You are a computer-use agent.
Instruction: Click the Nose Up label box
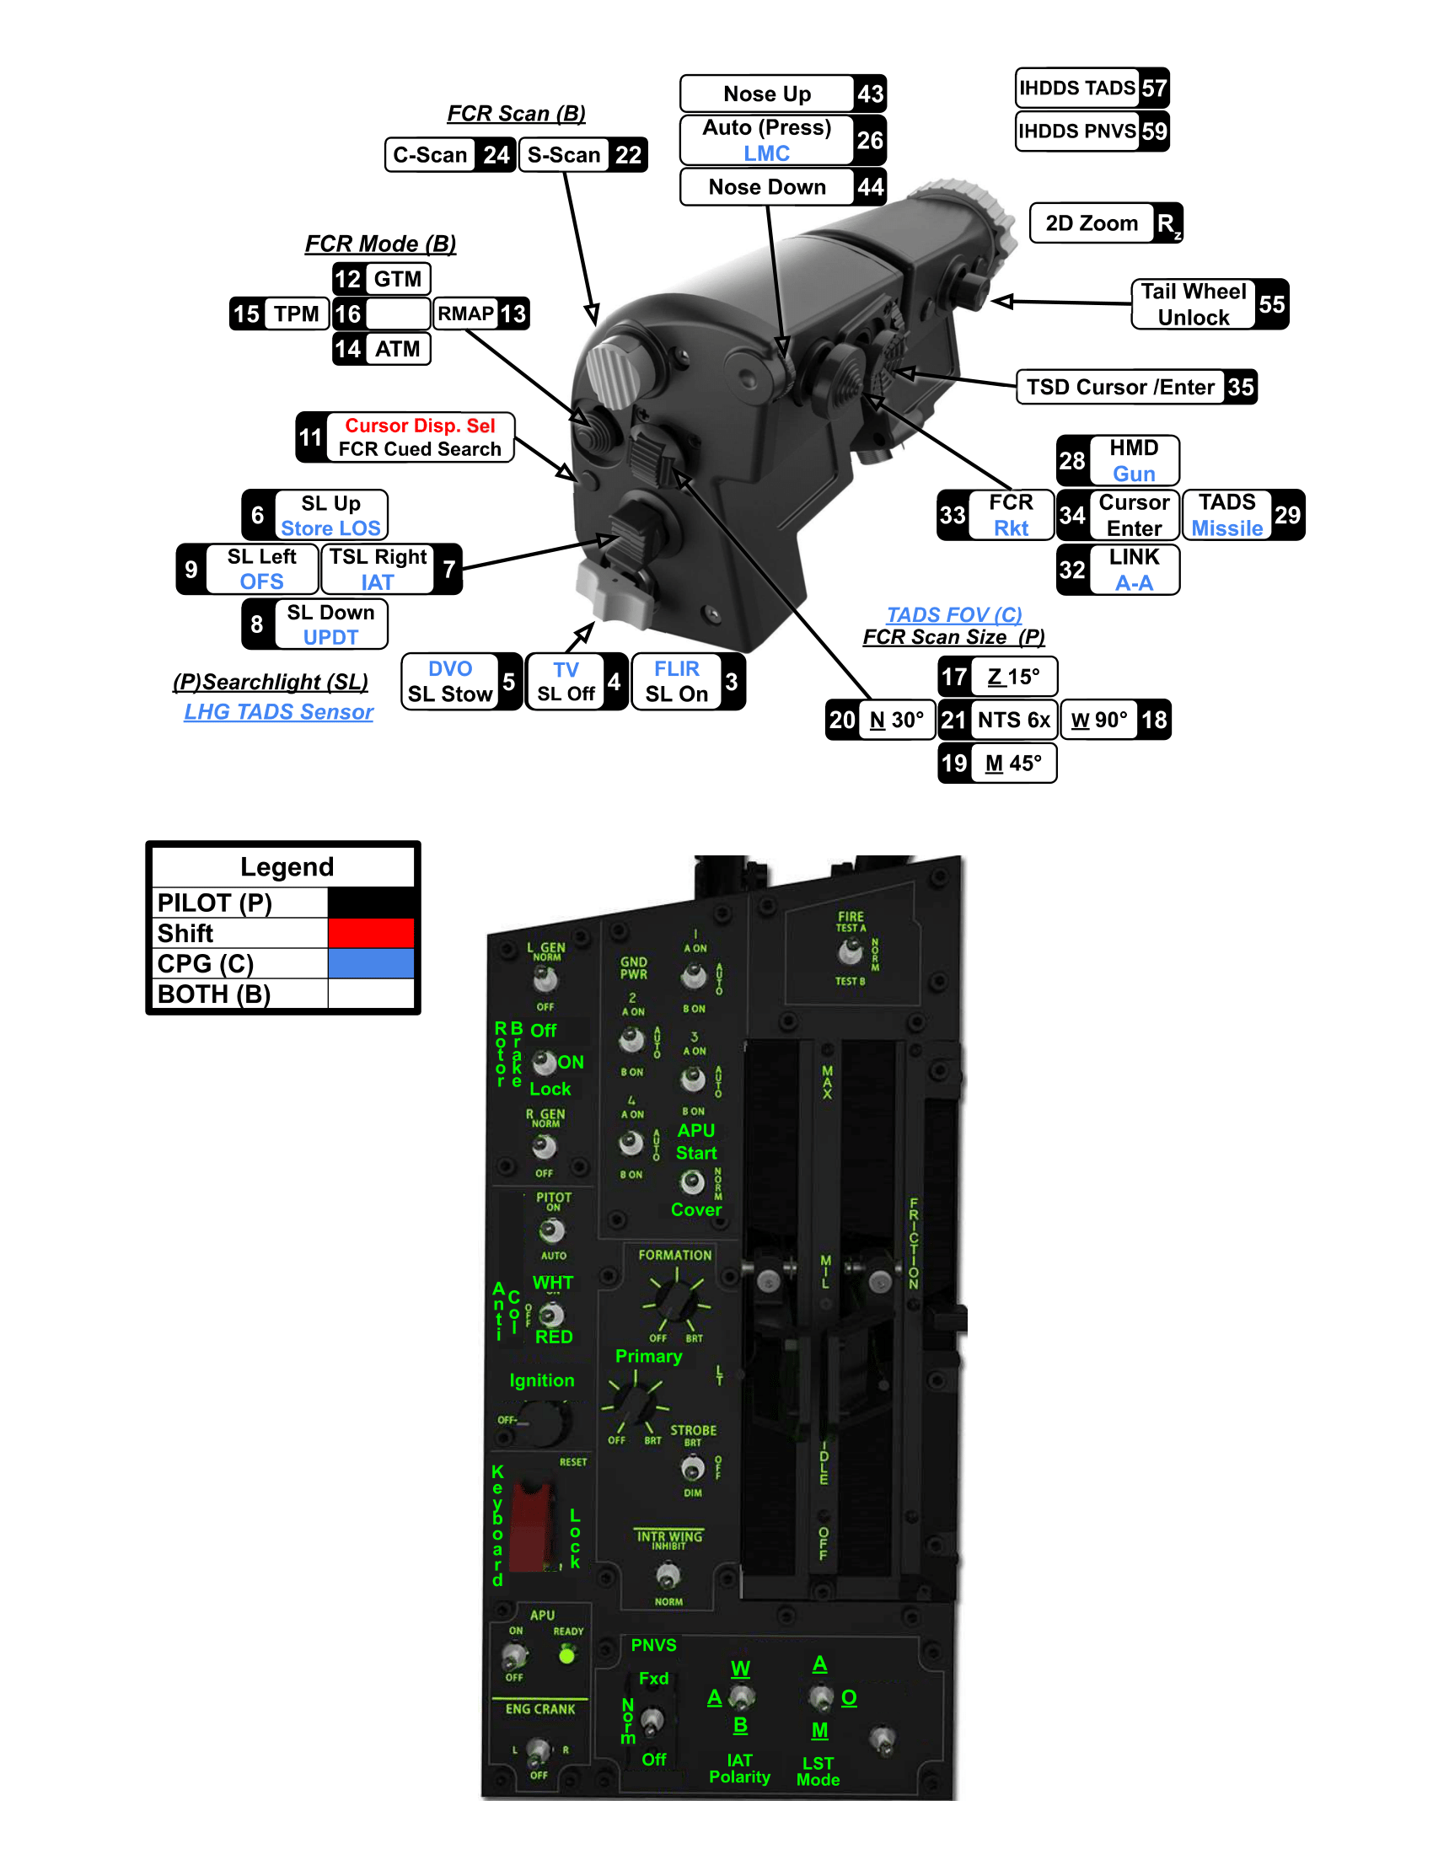(x=766, y=94)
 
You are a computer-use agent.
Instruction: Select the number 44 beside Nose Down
(x=870, y=187)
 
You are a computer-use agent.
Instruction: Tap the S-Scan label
(x=564, y=155)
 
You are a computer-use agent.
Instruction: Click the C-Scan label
(x=431, y=155)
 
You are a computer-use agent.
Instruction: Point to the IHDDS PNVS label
(x=1076, y=131)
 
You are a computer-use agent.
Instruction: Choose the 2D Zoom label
(x=1091, y=223)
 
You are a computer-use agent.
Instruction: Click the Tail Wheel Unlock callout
(x=1193, y=304)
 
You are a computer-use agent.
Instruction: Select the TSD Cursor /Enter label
(x=1119, y=387)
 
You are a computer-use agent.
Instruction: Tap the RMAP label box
(x=465, y=314)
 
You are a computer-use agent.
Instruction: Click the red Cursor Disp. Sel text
(x=420, y=426)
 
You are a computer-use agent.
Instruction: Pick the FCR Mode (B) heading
(x=380, y=244)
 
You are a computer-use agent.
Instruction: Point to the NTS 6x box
(x=1013, y=720)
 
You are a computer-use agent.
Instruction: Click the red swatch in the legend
(x=371, y=933)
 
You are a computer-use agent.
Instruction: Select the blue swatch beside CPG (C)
(x=371, y=963)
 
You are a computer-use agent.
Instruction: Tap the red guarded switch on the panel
(x=532, y=1526)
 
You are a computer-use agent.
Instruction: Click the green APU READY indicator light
(x=567, y=1654)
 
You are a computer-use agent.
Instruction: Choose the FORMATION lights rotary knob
(x=676, y=1299)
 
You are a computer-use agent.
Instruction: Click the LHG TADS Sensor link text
(x=278, y=711)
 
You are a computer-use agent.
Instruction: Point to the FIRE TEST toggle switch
(x=849, y=953)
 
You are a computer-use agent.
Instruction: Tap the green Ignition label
(x=542, y=1381)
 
